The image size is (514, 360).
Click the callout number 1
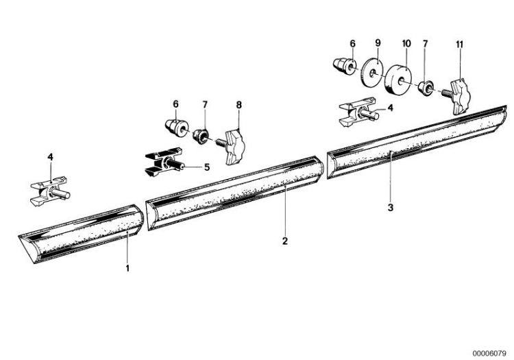click(127, 268)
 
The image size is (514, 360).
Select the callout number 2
click(285, 241)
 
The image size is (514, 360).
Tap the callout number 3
click(390, 207)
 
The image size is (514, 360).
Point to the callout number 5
click(207, 167)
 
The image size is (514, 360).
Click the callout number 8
click(238, 105)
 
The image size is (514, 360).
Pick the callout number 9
click(378, 43)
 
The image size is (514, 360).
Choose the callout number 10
click(406, 43)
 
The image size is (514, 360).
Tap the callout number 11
click(460, 45)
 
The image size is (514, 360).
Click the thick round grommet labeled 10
click(397, 79)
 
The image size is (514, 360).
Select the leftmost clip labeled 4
click(50, 191)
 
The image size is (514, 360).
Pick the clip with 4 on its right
click(358, 112)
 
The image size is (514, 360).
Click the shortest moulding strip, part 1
click(82, 232)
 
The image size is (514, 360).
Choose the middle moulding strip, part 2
click(235, 193)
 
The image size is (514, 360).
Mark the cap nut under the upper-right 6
click(344, 67)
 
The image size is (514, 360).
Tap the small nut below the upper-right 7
click(426, 88)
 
